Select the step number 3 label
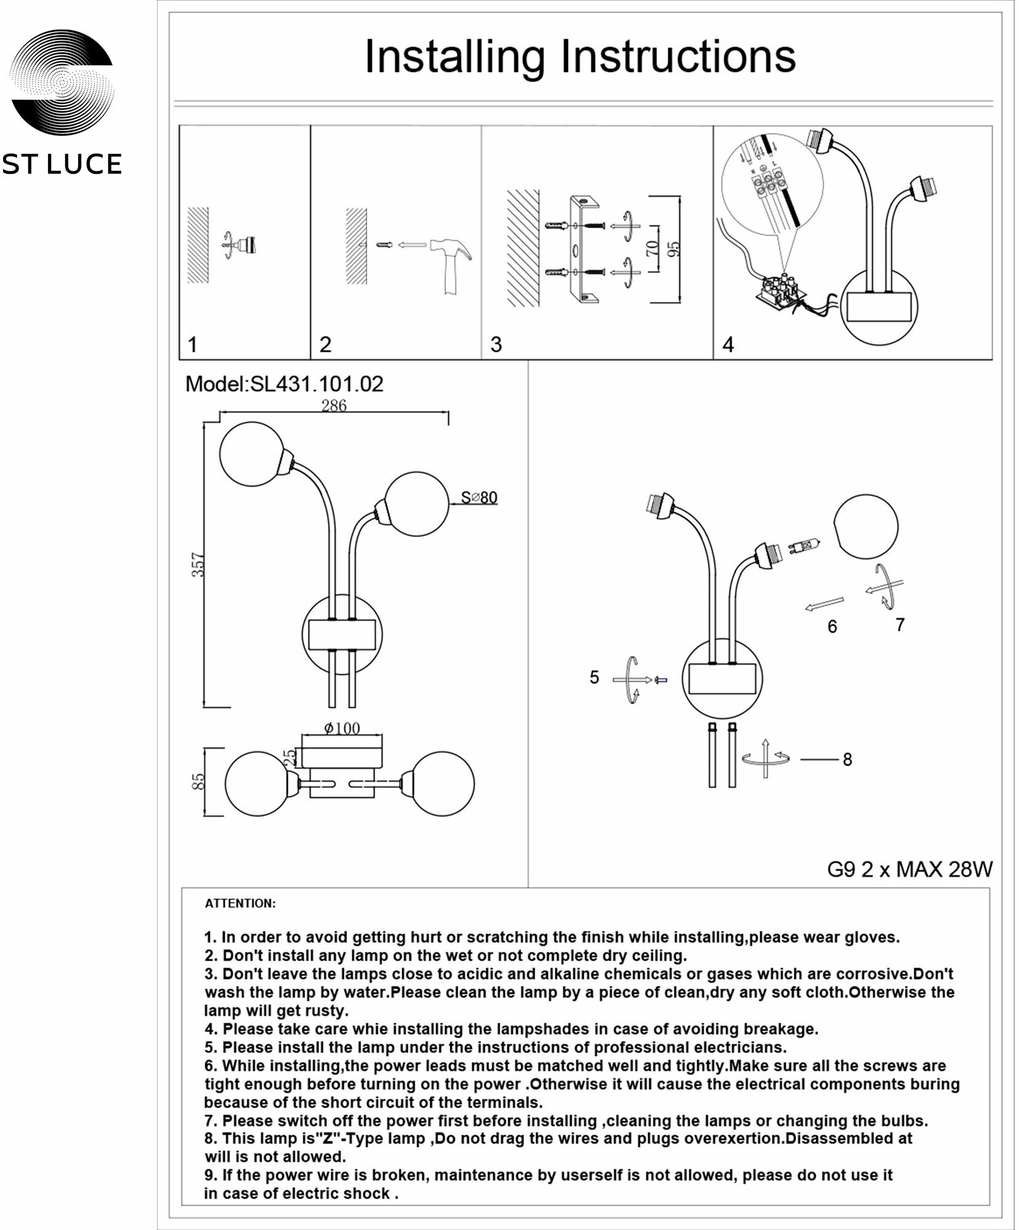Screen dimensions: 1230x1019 (496, 344)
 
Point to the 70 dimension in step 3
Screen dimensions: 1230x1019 (652, 248)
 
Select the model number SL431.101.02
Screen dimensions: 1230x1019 (316, 384)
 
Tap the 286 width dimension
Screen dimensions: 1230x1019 (334, 405)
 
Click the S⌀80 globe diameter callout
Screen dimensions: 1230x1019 (479, 498)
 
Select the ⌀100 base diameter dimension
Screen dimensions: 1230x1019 (342, 728)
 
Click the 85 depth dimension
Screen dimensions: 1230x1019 (198, 782)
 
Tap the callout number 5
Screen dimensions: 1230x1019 (594, 677)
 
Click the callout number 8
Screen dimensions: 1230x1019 (847, 760)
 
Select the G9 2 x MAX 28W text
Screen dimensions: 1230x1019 (909, 870)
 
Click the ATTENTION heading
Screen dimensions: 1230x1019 (240, 904)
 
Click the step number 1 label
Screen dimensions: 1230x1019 (193, 344)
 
